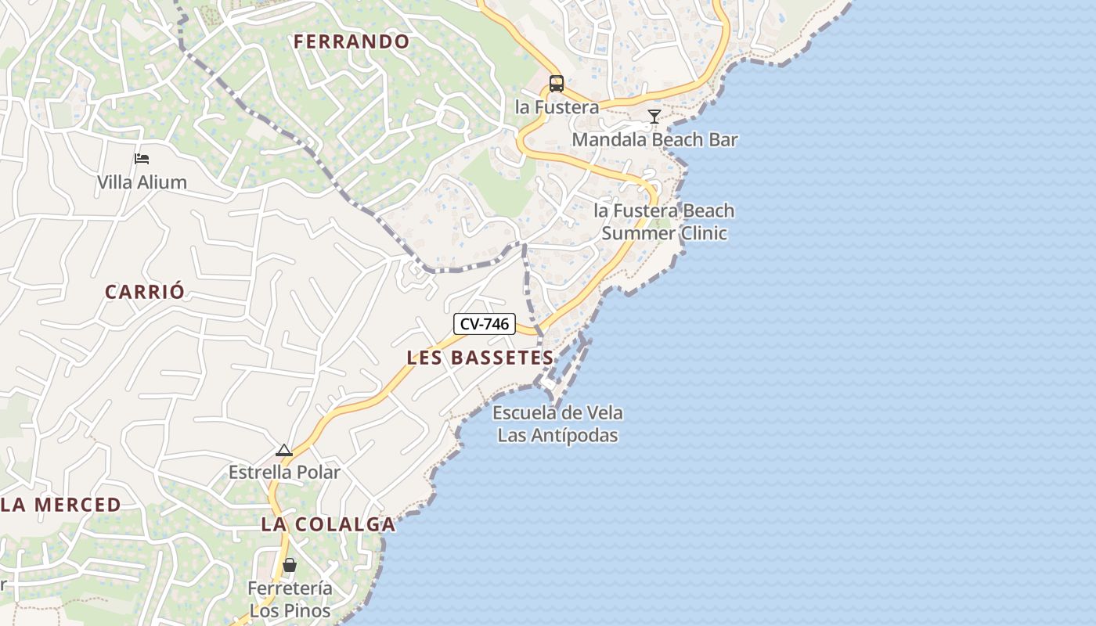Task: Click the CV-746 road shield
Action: coord(485,324)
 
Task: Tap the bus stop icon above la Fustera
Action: coord(557,83)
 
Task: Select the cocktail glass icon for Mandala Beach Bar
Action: coord(654,117)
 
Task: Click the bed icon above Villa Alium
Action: coord(142,159)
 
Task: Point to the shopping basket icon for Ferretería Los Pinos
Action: coord(290,564)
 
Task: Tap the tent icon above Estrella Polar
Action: coord(284,450)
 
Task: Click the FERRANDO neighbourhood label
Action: coord(352,41)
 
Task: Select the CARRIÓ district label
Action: coord(146,292)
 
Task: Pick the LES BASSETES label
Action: coord(480,358)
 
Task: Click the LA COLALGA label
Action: coord(328,524)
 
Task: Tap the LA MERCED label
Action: coord(61,505)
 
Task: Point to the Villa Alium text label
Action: coord(142,182)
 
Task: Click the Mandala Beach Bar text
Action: coord(654,140)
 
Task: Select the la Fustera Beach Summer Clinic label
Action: coord(664,222)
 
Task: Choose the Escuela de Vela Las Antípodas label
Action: coord(557,424)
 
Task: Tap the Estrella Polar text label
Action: coord(284,472)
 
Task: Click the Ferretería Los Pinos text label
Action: coord(290,599)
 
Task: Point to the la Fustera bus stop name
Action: coord(557,107)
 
